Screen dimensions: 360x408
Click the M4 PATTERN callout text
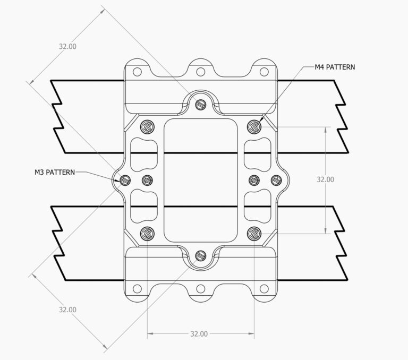pos(335,67)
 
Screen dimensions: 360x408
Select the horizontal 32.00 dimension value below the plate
pos(198,334)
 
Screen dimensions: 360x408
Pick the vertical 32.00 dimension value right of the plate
pos(325,179)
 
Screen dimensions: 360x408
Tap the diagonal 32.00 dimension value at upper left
pos(67,46)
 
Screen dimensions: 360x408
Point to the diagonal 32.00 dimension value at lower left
pos(67,310)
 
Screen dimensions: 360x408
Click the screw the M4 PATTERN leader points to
pos(254,126)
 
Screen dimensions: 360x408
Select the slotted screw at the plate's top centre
pos(200,105)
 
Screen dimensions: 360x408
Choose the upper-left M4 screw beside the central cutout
pos(147,126)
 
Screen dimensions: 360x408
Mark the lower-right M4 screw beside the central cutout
pos(254,233)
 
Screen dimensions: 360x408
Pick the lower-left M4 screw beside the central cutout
pos(147,233)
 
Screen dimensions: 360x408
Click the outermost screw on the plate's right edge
pos(276,180)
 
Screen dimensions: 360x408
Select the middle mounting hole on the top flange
pos(200,72)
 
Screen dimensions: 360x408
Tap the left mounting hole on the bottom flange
pos(137,288)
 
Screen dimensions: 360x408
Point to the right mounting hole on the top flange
pos(264,72)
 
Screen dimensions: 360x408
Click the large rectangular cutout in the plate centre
pos(200,179)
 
